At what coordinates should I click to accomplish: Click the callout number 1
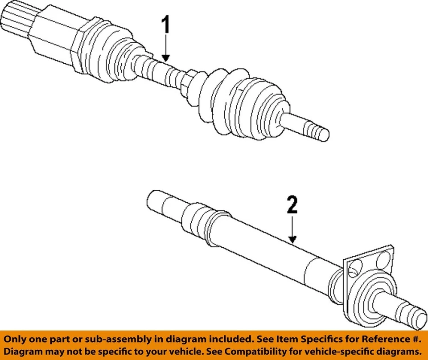coord(165,26)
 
